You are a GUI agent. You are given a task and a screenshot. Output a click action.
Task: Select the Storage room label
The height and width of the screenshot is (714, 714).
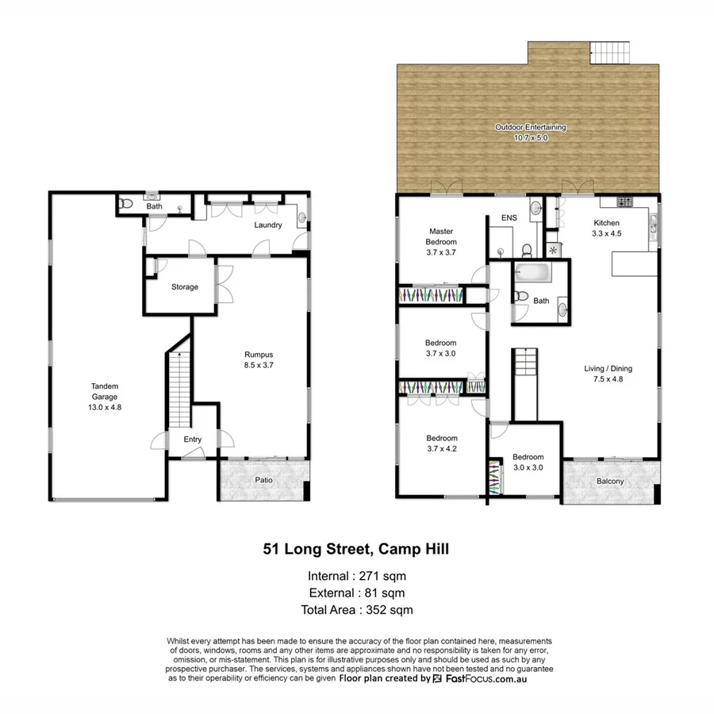click(185, 287)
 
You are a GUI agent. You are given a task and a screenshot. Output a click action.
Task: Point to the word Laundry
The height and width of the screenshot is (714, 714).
click(268, 225)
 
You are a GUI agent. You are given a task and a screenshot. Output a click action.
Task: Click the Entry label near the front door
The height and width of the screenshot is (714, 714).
click(193, 440)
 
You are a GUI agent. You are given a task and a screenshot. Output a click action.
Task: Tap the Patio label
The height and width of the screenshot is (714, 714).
click(264, 480)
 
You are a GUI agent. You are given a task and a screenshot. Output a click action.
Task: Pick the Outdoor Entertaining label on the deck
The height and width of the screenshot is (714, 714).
click(531, 132)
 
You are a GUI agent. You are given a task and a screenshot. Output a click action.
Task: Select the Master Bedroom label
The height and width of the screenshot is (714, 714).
click(441, 241)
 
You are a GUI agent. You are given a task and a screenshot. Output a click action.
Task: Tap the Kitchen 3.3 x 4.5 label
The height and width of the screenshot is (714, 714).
click(607, 228)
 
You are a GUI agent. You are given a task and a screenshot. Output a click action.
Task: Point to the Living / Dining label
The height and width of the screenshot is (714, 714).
click(608, 374)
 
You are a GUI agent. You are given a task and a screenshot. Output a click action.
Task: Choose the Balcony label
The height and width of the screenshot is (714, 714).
click(609, 482)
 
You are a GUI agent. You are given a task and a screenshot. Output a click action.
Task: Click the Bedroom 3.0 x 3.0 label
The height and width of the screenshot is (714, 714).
click(528, 463)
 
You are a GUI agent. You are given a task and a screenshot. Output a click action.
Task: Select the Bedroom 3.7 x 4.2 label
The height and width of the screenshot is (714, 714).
click(442, 443)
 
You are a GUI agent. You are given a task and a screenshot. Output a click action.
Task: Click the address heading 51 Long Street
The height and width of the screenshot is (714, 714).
click(356, 548)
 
